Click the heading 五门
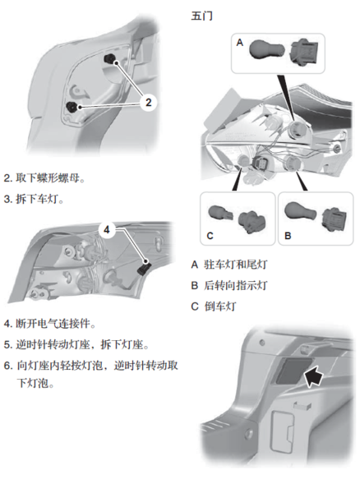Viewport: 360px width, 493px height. tap(202, 16)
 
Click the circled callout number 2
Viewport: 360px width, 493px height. tap(149, 102)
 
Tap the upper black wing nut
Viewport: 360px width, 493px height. tap(110, 59)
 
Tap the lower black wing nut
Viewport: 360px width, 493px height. tap(72, 108)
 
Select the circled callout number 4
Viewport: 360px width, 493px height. tap(107, 230)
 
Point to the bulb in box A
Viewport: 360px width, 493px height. tap(267, 50)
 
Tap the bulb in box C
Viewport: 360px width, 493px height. tap(220, 214)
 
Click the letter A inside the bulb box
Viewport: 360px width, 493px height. tap(239, 43)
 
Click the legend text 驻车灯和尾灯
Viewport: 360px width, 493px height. tap(236, 265)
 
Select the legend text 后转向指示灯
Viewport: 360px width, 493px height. tap(236, 285)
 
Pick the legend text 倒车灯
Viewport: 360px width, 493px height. tap(219, 306)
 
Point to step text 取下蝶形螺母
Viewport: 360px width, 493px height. tap(50, 178)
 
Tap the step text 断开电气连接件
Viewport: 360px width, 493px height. tap(56, 324)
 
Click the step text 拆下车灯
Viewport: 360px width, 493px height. tap(39, 199)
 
